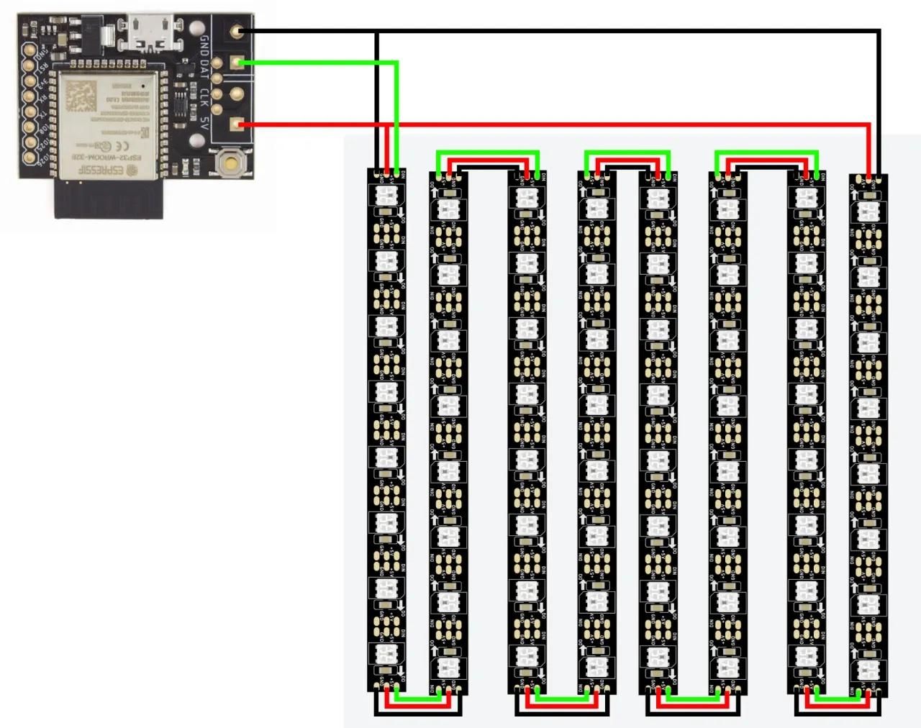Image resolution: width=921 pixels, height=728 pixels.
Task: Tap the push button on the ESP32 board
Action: (230, 165)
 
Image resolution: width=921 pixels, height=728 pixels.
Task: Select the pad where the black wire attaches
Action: (237, 31)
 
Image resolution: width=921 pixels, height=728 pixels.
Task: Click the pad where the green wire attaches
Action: (237, 63)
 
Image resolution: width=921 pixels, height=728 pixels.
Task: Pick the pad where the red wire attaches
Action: (237, 125)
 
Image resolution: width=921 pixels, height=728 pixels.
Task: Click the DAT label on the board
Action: (205, 69)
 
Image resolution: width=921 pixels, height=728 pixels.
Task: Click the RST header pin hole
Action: (30, 65)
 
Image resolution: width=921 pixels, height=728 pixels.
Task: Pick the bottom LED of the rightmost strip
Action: (868, 669)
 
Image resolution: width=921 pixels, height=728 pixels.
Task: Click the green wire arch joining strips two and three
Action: (488, 153)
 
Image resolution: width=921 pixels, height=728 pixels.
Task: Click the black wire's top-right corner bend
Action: (879, 31)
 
